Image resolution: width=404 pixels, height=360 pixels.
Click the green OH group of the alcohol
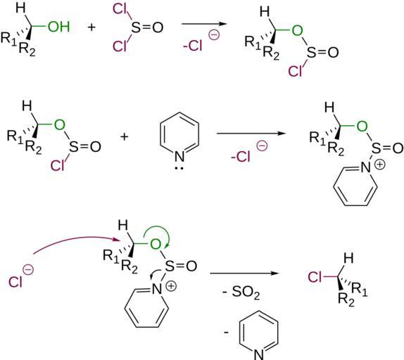(59, 27)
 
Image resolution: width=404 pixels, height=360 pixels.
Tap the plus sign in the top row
(91, 27)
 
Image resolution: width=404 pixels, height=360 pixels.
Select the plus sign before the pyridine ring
(124, 136)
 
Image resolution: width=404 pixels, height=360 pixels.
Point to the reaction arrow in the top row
(204, 24)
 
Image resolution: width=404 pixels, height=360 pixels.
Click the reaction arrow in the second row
(251, 134)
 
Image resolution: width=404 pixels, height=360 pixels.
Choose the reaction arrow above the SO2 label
(244, 273)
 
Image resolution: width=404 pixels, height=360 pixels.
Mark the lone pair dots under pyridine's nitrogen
(179, 169)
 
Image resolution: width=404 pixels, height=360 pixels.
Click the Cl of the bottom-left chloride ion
(15, 281)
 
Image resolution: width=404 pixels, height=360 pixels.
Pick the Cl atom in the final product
(315, 277)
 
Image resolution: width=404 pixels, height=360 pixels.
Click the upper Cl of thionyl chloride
(120, 10)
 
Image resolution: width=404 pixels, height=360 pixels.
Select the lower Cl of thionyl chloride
(120, 46)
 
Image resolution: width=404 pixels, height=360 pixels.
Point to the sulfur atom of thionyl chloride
(136, 27)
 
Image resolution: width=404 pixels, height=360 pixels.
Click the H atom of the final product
(348, 258)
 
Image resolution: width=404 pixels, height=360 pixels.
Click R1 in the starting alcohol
(8, 38)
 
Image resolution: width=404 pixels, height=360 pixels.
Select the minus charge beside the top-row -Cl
(214, 35)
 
